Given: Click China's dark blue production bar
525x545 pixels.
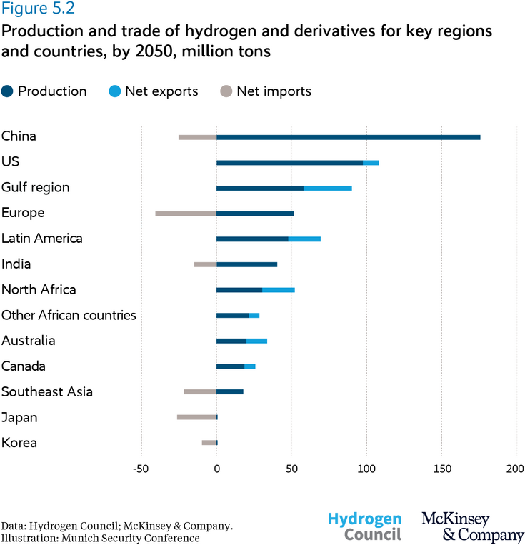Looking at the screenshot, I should (x=348, y=137).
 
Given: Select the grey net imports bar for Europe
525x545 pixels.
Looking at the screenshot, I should (x=186, y=214).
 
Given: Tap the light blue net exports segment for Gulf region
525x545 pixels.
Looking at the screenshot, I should (x=328, y=188).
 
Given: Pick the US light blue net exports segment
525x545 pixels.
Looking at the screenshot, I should (x=371, y=163).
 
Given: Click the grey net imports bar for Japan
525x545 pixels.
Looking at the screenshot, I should (x=196, y=417).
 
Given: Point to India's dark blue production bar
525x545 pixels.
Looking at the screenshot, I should (x=246, y=264).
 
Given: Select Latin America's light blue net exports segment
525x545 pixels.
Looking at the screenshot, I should (x=304, y=239).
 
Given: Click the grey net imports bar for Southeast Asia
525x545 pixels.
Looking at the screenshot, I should (x=200, y=391).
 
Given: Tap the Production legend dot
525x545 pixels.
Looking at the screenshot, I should (x=8, y=91).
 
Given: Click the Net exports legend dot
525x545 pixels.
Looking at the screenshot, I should (x=115, y=91).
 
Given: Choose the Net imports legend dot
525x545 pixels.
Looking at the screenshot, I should (x=226, y=91).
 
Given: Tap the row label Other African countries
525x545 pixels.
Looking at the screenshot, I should (x=69, y=315).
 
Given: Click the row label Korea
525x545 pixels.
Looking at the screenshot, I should (x=19, y=443).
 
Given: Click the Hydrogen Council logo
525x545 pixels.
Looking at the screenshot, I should (x=364, y=526).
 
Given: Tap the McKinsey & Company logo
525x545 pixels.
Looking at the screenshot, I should (x=472, y=526).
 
